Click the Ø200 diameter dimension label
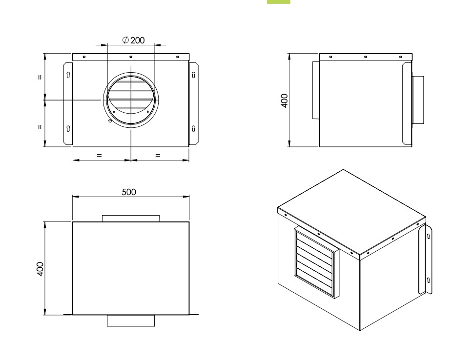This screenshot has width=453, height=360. (133, 40)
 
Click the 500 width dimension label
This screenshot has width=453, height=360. (129, 192)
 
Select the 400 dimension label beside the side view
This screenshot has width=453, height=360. (284, 100)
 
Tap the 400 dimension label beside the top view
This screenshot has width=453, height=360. (40, 269)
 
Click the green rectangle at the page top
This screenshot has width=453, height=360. (279, 2)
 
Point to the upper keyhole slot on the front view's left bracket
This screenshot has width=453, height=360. (68, 75)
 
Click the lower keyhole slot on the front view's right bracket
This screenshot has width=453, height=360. (193, 128)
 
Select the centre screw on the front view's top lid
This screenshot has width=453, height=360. (131, 57)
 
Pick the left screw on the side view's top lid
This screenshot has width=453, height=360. (331, 57)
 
